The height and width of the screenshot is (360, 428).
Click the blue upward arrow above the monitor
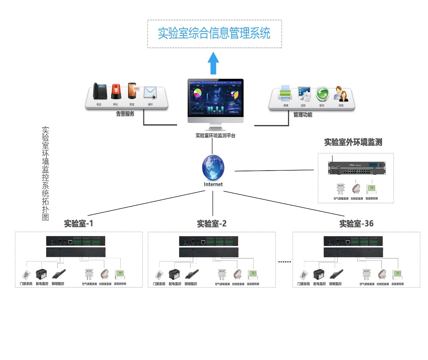(213, 63)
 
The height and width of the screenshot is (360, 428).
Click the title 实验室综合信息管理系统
(214, 33)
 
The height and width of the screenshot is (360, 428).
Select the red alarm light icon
(116, 92)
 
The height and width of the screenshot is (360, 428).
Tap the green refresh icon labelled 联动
(322, 93)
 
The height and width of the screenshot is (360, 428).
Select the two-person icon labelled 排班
(341, 93)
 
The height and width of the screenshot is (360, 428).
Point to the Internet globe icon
(213, 167)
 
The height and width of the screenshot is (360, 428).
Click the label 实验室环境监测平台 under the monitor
(215, 135)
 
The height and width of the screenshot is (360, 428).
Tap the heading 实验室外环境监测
(353, 142)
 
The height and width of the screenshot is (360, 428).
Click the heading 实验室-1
(79, 224)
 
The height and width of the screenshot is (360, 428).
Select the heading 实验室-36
(356, 224)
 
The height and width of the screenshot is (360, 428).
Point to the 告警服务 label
(125, 114)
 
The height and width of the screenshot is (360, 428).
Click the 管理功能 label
(303, 115)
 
